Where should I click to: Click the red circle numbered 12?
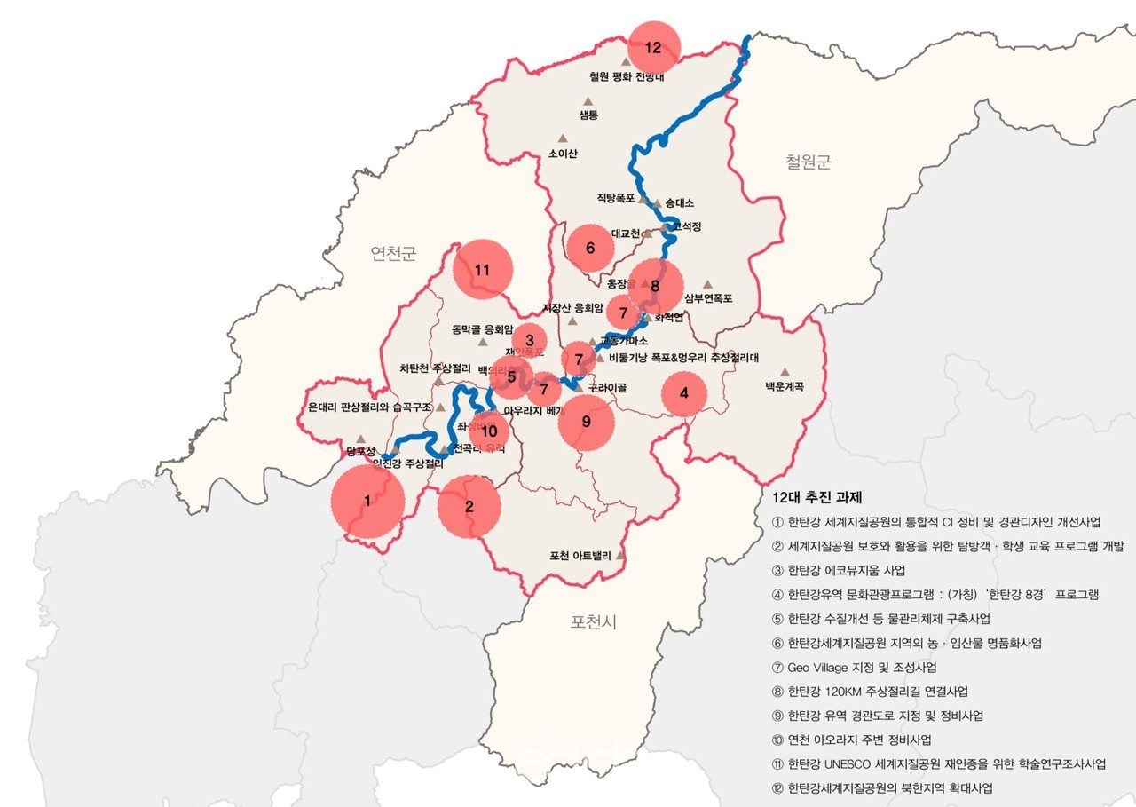click(x=654, y=47)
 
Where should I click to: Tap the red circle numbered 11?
click(x=483, y=270)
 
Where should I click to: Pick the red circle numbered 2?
click(x=469, y=507)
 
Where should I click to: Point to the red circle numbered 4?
click(x=683, y=393)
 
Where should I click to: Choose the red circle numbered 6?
click(x=591, y=249)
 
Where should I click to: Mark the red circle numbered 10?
click(x=490, y=431)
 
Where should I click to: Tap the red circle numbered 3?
click(x=529, y=339)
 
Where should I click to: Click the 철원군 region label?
click(x=807, y=162)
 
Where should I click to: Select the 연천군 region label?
click(x=393, y=255)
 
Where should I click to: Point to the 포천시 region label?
click(x=593, y=622)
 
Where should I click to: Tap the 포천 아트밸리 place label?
click(x=580, y=557)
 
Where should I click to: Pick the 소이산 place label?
click(x=563, y=153)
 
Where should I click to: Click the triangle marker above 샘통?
click(x=588, y=101)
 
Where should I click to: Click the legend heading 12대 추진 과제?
click(x=817, y=497)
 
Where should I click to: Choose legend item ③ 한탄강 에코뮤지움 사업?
click(x=840, y=570)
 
